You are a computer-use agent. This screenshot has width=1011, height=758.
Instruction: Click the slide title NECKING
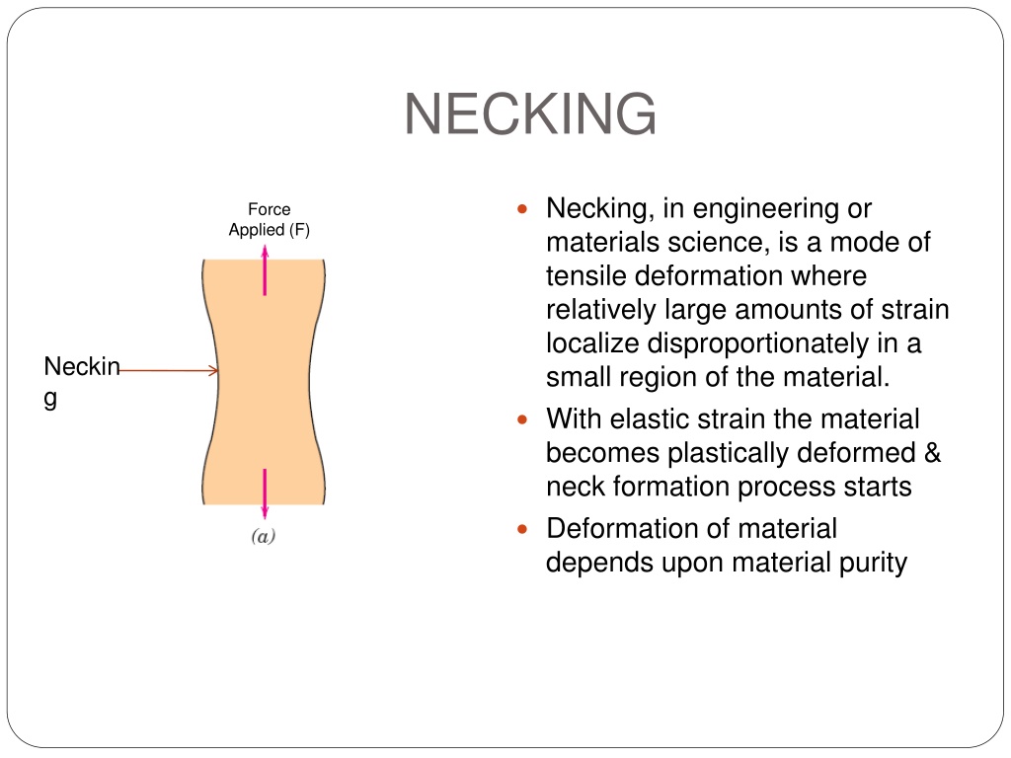[530, 114]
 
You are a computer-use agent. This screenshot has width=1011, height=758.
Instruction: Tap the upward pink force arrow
[265, 270]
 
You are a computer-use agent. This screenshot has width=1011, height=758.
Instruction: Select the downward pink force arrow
[265, 493]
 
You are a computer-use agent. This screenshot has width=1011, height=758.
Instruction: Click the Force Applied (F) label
[270, 220]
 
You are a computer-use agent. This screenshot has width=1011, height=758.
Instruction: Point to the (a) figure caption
[263, 536]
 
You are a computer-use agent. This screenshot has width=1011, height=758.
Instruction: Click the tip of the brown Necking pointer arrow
[218, 371]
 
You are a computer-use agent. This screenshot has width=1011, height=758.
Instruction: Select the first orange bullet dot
[522, 209]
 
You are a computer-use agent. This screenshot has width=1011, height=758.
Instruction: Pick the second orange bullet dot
[522, 419]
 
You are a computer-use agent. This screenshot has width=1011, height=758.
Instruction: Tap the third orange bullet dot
[522, 529]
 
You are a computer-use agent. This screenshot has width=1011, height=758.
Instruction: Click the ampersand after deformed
[932, 452]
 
